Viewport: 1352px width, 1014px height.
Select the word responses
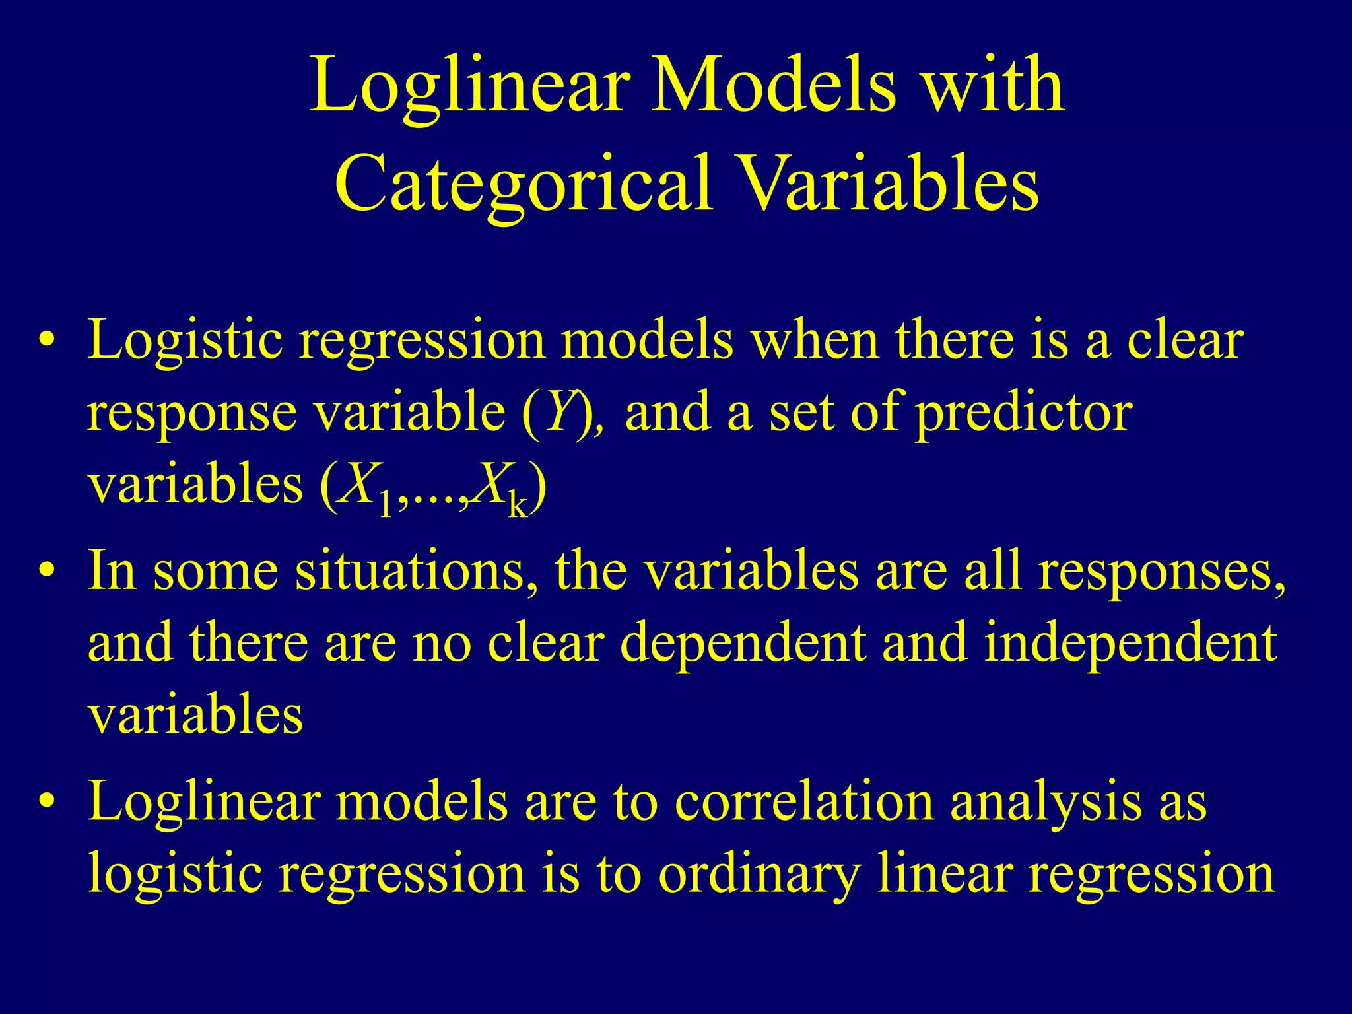(x=1162, y=572)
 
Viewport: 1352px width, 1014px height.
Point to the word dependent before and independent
(x=743, y=644)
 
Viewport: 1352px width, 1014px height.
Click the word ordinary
(x=759, y=875)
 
